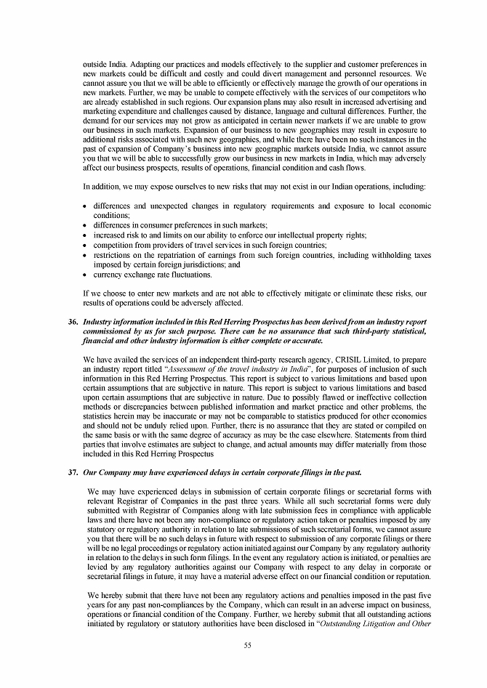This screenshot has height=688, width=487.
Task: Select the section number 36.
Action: tap(73, 320)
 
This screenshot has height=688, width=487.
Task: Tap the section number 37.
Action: tap(73, 472)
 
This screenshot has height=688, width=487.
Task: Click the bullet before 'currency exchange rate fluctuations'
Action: tap(86, 275)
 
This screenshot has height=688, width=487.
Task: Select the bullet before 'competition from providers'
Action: tap(86, 246)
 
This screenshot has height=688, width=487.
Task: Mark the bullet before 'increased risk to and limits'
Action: tap(86, 235)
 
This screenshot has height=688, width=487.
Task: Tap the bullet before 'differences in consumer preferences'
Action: tap(86, 226)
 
